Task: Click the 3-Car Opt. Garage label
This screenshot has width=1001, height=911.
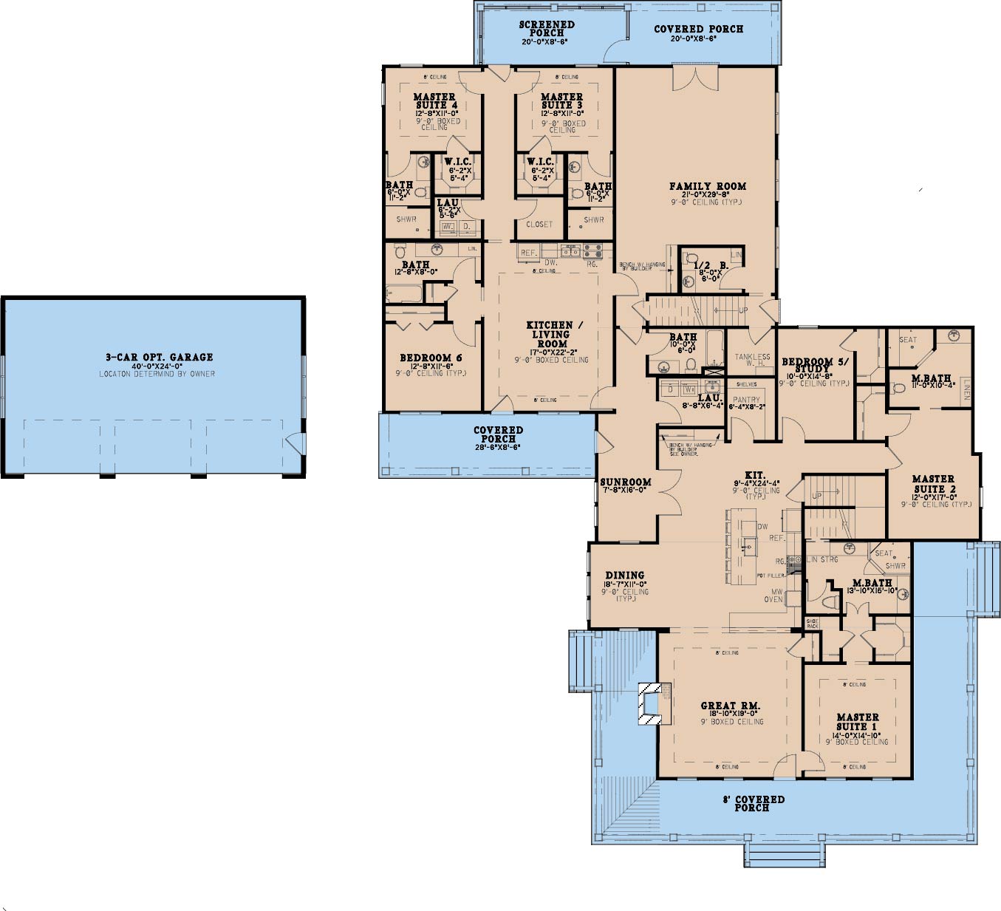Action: pos(159,357)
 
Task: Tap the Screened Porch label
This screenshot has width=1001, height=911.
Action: pos(547,29)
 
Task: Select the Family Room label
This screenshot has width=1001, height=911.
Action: pos(708,186)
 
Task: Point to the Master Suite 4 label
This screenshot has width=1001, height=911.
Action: pos(434,101)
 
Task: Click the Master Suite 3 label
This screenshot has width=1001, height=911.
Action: pos(561,101)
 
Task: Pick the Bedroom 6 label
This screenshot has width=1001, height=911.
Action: pos(431,358)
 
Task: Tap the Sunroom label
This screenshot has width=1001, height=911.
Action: pos(625,482)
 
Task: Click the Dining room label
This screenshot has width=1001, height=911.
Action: pos(624,575)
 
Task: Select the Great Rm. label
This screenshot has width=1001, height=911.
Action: pos(730,706)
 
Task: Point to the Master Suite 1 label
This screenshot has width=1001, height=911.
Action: pos(857,721)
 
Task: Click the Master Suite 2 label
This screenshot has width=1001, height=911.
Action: pos(934,484)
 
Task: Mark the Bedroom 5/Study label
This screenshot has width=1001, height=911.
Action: pos(815,366)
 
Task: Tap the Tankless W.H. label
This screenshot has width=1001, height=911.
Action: pos(752,360)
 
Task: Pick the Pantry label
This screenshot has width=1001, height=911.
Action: pos(746,400)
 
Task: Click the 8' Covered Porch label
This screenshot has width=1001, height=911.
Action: pos(753,803)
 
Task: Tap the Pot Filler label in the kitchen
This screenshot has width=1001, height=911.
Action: pos(770,575)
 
